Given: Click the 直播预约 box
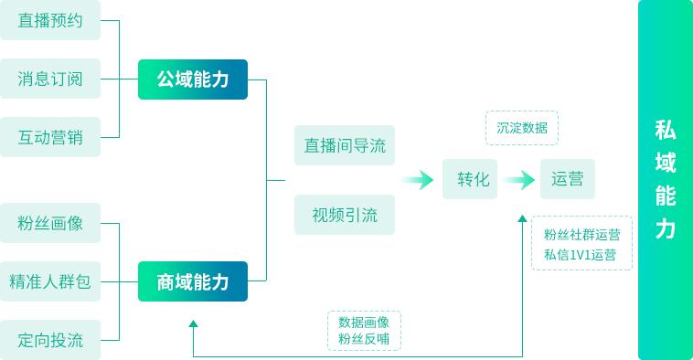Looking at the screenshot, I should pyautogui.click(x=50, y=21).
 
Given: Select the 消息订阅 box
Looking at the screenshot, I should pyautogui.click(x=50, y=79).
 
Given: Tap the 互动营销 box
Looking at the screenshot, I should pyautogui.click(x=50, y=137).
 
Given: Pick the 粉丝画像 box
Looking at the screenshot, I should pyautogui.click(x=50, y=223).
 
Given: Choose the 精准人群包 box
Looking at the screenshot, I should pyautogui.click(x=50, y=281).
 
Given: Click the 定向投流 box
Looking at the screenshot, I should pyautogui.click(x=50, y=340).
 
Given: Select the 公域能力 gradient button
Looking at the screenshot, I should pyautogui.click(x=193, y=79).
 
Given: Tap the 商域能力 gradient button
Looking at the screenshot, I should pyautogui.click(x=193, y=281).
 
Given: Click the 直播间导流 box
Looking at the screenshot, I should pyautogui.click(x=345, y=145).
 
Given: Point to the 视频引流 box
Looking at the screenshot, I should pyautogui.click(x=345, y=215).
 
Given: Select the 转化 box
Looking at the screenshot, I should pyautogui.click(x=473, y=180).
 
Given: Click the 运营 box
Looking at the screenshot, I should pyautogui.click(x=567, y=180).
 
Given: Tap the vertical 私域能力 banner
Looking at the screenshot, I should pyautogui.click(x=666, y=180).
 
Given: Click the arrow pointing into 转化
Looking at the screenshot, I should pyautogui.click(x=417, y=180).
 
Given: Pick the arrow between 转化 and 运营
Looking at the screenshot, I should pyautogui.click(x=517, y=180).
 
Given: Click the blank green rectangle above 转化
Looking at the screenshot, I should pyautogui.click(x=521, y=127).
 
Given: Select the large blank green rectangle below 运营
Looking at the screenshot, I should pyautogui.click(x=581, y=242).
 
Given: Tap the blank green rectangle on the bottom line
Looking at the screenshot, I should pyautogui.click(x=364, y=330).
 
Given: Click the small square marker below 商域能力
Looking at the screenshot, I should pyautogui.click(x=193, y=323).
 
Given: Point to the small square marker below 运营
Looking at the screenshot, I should pyautogui.click(x=522, y=218).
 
